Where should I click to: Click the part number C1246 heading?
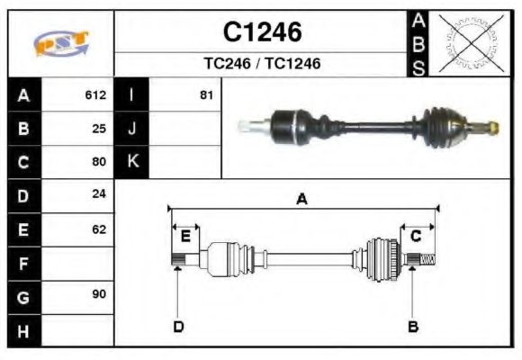click(x=262, y=32)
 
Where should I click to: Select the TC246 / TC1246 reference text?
click(x=262, y=64)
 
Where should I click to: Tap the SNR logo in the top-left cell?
click(x=61, y=42)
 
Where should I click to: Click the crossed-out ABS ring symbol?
click(x=468, y=42)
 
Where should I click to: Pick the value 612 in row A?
click(x=95, y=94)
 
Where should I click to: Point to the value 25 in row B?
click(x=99, y=128)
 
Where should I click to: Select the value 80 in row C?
click(x=99, y=162)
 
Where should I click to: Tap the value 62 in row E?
click(x=99, y=229)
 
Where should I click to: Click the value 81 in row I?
click(x=206, y=94)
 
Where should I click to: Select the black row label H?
click(x=23, y=330)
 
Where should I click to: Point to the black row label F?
click(x=23, y=263)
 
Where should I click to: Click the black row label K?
click(x=132, y=162)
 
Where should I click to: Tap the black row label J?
click(x=132, y=128)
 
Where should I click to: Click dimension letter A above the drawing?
click(x=302, y=200)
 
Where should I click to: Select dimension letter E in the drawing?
click(x=185, y=237)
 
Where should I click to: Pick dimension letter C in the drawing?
click(x=416, y=237)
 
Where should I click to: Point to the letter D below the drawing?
click(x=178, y=326)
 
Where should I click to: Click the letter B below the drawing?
click(x=413, y=326)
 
